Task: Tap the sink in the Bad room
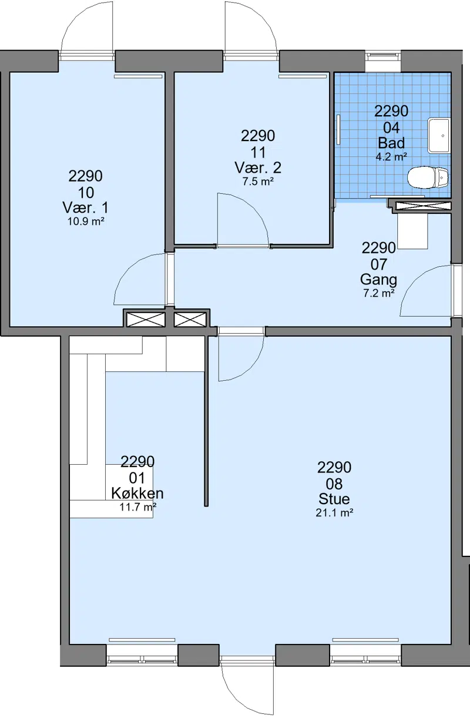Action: click(439, 135)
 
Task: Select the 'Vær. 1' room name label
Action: click(86, 208)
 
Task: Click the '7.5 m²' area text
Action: click(258, 182)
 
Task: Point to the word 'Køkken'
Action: click(137, 493)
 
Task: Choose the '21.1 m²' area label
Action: click(334, 513)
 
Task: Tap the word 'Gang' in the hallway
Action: click(378, 280)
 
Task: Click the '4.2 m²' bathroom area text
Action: click(391, 157)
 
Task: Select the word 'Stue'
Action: click(334, 499)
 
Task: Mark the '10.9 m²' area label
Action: click(86, 222)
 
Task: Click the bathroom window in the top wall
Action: click(383, 61)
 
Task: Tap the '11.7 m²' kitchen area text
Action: click(138, 507)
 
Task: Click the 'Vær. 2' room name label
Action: click(258, 167)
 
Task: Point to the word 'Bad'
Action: click(391, 143)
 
